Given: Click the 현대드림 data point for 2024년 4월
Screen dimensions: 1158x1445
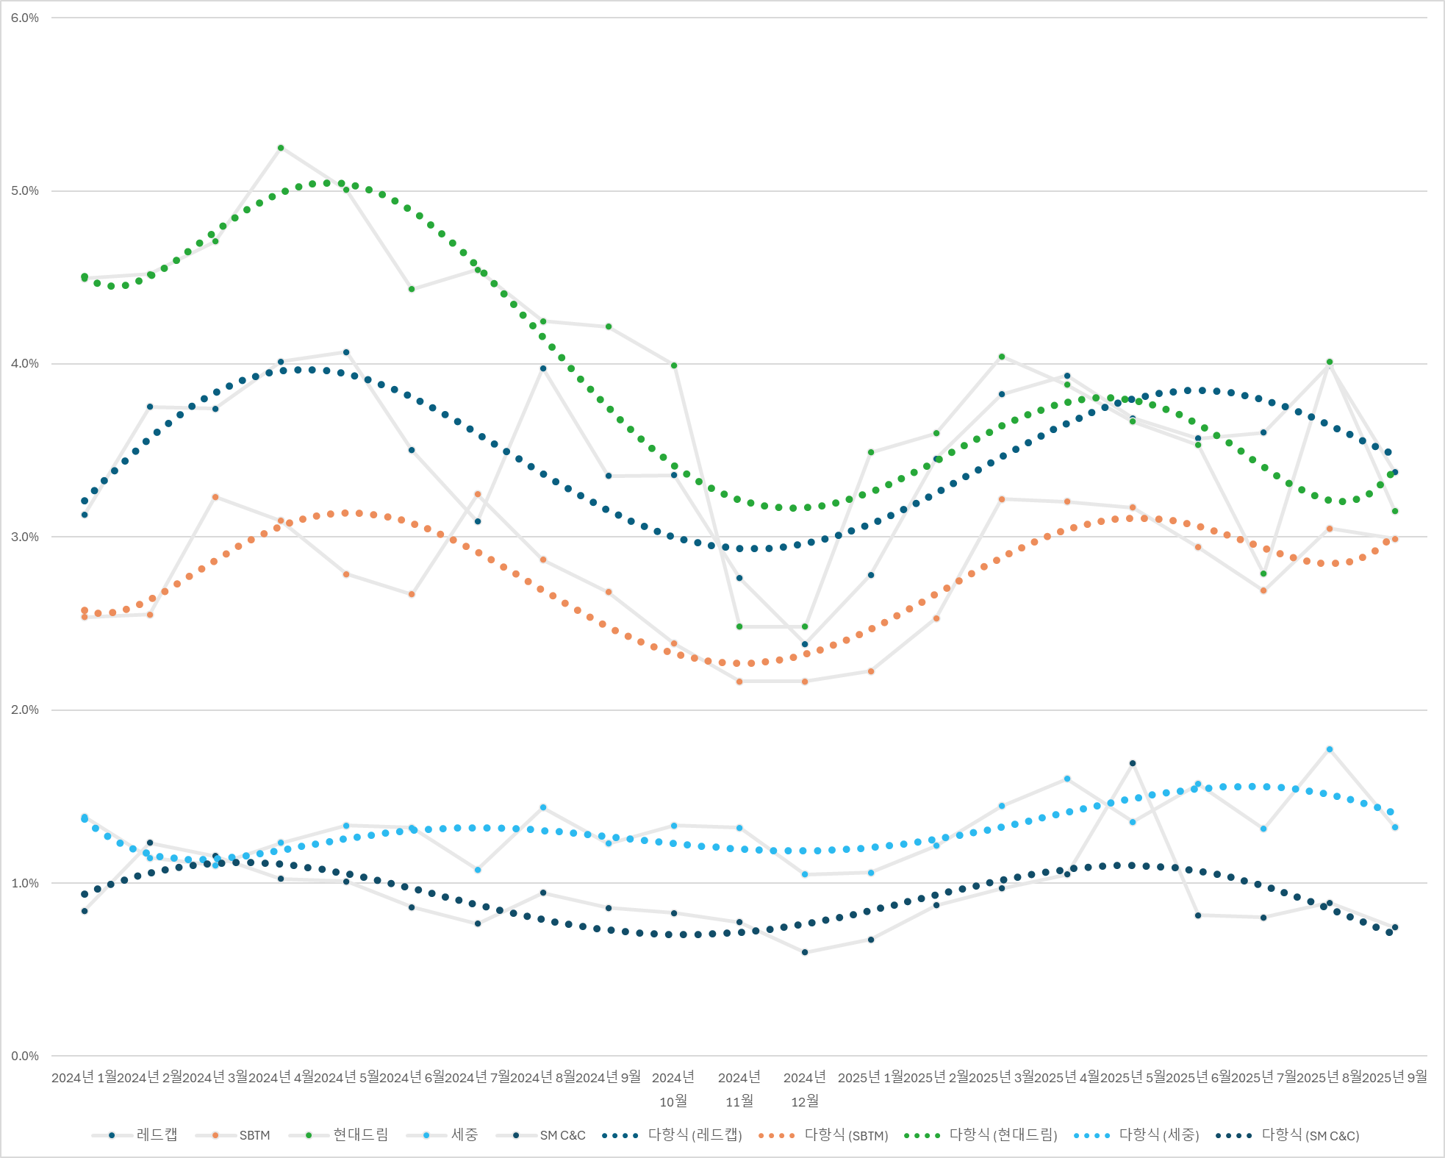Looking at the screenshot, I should tap(281, 148).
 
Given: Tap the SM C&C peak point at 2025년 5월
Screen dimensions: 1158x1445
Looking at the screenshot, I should tap(1133, 763).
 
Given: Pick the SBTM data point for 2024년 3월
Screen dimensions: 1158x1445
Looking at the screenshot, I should tap(215, 497).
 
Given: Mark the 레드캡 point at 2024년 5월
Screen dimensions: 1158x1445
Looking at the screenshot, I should tap(346, 352).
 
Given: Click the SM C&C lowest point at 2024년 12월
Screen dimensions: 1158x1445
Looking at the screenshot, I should tap(805, 952).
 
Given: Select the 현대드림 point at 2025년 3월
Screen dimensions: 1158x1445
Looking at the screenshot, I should tap(1002, 357).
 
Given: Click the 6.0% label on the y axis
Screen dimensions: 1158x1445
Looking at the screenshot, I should tap(25, 18).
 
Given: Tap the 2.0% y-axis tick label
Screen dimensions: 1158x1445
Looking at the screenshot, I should tap(25, 710).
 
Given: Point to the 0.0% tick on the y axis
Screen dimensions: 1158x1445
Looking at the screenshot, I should tap(25, 1056).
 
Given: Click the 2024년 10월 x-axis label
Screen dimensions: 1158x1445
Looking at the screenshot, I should tap(673, 1089).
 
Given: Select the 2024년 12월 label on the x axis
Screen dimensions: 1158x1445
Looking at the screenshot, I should tap(805, 1089).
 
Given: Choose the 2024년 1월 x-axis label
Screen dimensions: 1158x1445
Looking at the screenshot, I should tap(85, 1077).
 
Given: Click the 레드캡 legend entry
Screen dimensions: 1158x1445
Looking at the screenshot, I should tap(157, 1135).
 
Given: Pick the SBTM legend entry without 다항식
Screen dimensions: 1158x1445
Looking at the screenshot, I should tap(254, 1135).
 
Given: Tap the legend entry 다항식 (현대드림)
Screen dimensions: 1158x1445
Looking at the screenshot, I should tap(1003, 1135).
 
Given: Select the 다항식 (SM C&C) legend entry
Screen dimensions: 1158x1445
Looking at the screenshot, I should tap(1310, 1135).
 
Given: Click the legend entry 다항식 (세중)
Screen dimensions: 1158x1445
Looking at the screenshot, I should tap(1158, 1135).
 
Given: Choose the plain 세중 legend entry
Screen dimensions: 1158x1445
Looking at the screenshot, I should tap(464, 1135).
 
